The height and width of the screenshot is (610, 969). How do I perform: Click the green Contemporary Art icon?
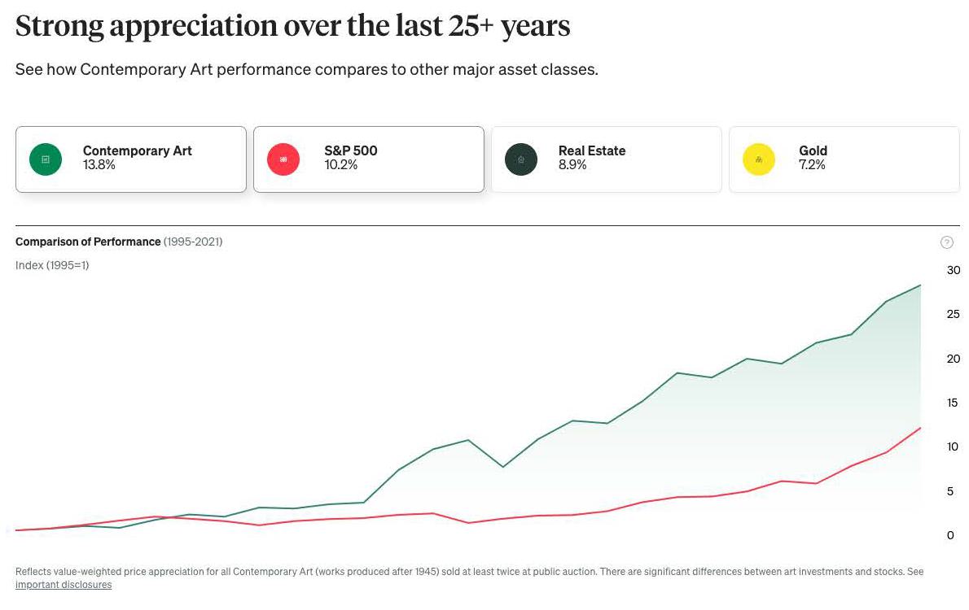click(46, 159)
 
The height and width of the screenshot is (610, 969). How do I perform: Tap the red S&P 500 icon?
click(283, 159)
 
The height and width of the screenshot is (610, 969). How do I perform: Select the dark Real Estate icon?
click(521, 159)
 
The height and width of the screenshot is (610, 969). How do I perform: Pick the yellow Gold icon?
click(759, 159)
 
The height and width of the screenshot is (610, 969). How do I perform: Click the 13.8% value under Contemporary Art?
click(99, 165)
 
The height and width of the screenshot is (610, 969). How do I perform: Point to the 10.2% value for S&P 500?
click(340, 165)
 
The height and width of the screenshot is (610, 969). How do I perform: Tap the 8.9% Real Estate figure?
click(572, 165)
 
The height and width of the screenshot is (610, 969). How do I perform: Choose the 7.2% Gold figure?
click(812, 165)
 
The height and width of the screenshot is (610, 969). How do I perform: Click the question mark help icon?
click(946, 242)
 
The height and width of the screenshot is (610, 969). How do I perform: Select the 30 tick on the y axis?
click(954, 270)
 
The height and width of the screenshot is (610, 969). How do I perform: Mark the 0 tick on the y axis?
click(950, 535)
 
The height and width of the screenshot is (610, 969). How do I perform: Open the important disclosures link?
click(64, 585)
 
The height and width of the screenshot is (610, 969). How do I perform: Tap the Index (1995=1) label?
click(52, 265)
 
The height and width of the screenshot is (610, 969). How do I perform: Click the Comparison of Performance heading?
click(88, 242)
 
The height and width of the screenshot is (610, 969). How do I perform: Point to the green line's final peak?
click(920, 285)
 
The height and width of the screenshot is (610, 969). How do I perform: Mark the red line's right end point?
click(920, 428)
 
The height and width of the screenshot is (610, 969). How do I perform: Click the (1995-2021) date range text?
click(193, 242)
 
